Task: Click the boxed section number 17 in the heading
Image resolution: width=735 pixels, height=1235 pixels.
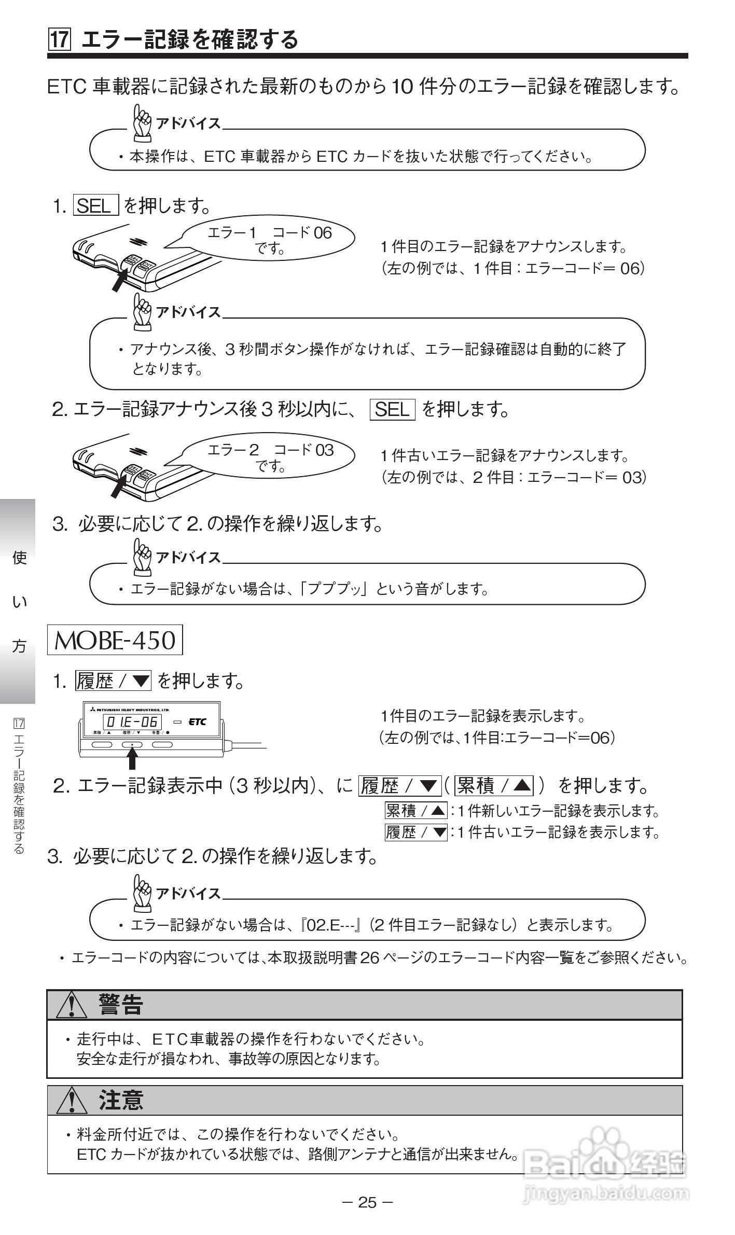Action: (59, 39)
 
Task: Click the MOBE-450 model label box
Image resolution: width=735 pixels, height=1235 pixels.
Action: (115, 641)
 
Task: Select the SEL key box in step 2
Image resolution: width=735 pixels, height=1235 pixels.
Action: (393, 410)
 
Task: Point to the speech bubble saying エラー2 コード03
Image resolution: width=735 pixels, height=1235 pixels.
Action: (270, 457)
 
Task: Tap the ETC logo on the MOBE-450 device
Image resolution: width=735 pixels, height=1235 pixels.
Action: (197, 721)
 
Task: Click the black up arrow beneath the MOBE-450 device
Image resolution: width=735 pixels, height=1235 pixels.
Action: (132, 760)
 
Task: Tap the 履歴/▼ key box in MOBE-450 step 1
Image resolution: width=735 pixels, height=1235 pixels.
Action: (113, 680)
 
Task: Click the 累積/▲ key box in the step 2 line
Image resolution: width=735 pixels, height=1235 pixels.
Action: (494, 786)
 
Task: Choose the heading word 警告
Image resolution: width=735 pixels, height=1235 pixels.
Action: (121, 1004)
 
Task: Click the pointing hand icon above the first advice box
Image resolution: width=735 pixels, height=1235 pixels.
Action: (142, 123)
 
